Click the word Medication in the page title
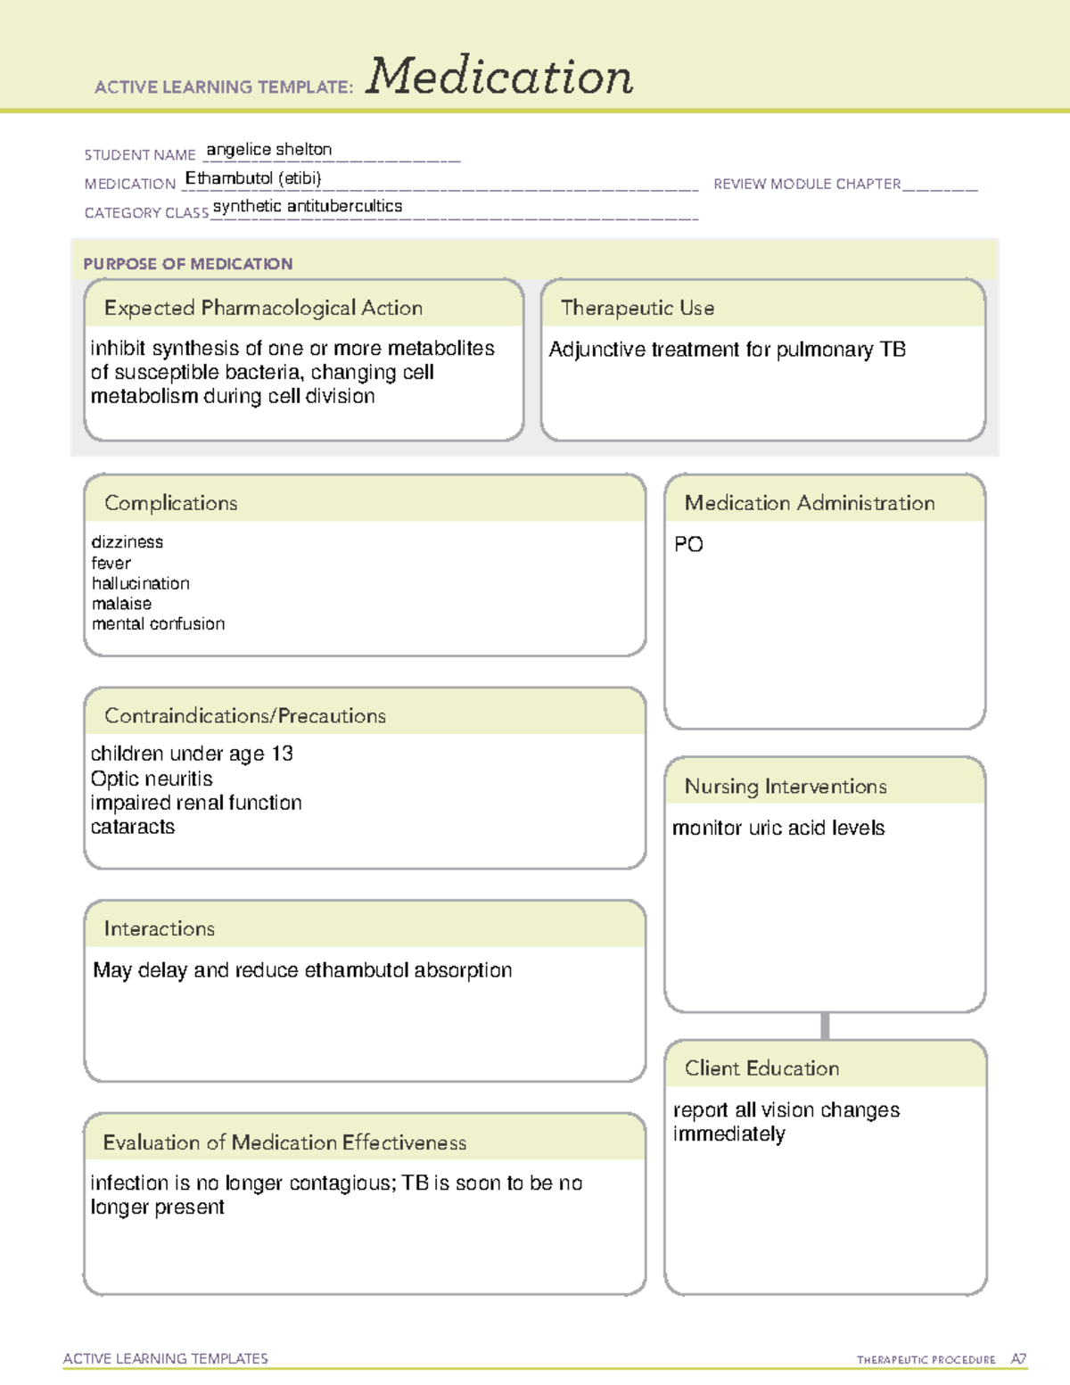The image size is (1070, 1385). click(x=499, y=77)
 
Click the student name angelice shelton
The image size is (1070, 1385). click(x=269, y=150)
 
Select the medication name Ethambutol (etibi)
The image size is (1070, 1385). click(x=253, y=178)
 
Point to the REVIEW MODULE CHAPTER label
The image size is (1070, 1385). click(x=807, y=184)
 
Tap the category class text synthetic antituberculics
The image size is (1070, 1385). click(x=308, y=206)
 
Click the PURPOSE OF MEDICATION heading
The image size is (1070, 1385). click(x=188, y=264)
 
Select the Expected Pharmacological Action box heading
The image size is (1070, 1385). click(x=263, y=308)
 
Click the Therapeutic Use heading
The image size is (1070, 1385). click(x=638, y=308)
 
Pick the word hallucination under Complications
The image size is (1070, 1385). click(x=141, y=583)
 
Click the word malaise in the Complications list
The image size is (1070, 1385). click(x=121, y=604)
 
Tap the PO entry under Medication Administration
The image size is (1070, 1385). click(x=688, y=544)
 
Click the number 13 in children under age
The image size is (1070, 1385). click(x=282, y=754)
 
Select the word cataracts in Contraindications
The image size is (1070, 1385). click(x=133, y=827)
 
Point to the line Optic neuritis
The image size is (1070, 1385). click(x=152, y=779)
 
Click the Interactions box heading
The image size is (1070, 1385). click(x=160, y=928)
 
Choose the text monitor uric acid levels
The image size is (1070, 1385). click(x=778, y=828)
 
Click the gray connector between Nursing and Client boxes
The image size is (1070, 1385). click(x=825, y=1026)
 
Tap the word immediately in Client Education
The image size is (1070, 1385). click(x=729, y=1134)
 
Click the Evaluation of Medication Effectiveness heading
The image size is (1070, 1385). click(x=284, y=1142)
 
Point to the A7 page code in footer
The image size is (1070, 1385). click(x=1018, y=1359)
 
